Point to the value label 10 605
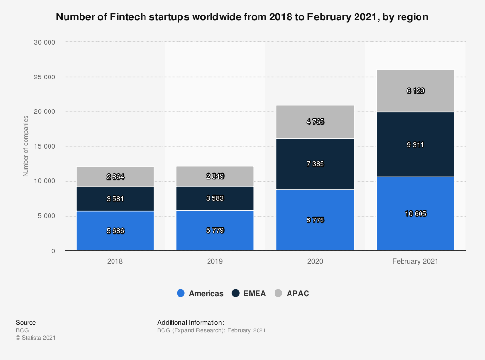coord(416,214)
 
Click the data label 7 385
coord(315,164)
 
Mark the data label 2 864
coord(115,177)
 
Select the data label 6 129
coord(416,91)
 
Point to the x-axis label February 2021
coord(415,261)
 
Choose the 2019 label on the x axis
coord(215,261)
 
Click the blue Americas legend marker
coord(181,293)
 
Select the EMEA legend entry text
coord(255,293)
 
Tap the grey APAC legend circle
coord(279,293)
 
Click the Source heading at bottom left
coord(26,322)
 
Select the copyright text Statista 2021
coord(36,338)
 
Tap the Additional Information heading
coord(191,322)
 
